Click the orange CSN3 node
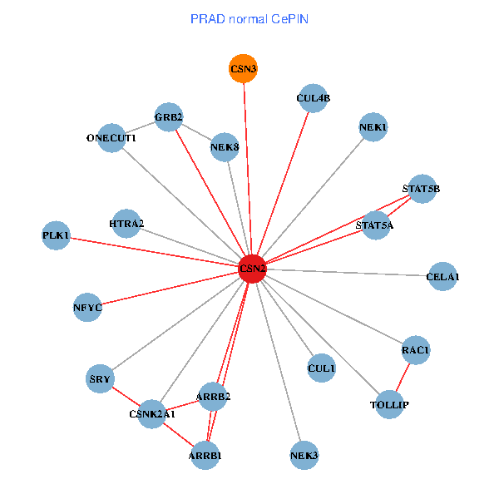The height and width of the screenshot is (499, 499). tap(243, 69)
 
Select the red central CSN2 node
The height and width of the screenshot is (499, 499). tap(252, 268)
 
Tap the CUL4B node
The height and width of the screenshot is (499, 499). tap(313, 98)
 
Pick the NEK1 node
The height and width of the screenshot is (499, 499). tap(373, 127)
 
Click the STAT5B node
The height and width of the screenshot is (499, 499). tap(422, 189)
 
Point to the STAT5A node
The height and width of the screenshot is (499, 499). tap(375, 225)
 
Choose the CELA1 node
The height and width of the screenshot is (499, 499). tap(442, 276)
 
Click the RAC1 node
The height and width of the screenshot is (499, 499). tap(415, 350)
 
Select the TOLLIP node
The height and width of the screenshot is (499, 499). tap(389, 405)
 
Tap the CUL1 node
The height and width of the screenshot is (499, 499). tap(321, 368)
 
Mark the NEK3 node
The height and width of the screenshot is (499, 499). tap(304, 456)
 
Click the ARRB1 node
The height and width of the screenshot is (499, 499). tap(205, 456)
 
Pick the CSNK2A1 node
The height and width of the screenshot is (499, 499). tap(152, 413)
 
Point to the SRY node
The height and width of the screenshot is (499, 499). tap(100, 379)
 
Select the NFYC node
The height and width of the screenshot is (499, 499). tap(87, 308)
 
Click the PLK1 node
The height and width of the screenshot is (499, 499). tap(57, 235)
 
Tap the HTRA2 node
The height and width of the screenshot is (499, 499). tap(126, 224)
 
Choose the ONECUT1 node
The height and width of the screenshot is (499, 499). tap(111, 137)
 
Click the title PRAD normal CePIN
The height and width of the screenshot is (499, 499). tap(249, 18)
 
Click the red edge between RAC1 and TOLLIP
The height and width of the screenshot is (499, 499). tap(403, 378)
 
